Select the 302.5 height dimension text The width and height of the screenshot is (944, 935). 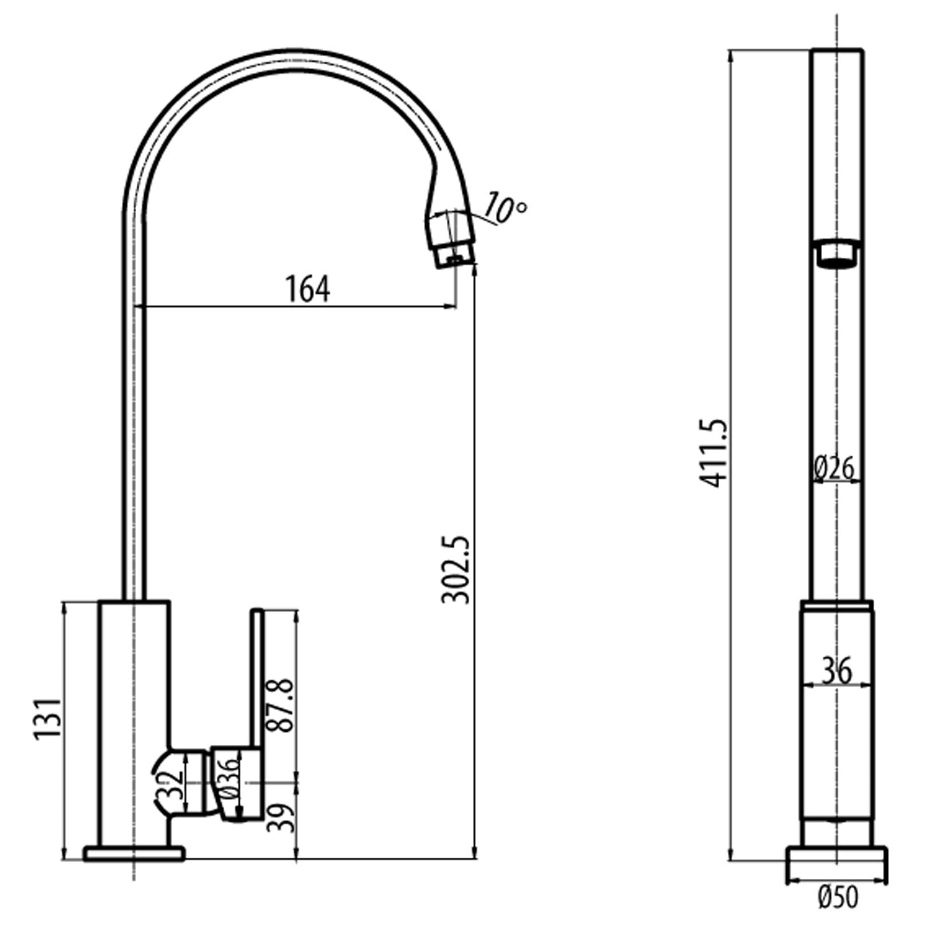point(456,570)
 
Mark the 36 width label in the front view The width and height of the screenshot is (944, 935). point(836,671)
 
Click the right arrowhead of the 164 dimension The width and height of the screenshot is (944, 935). point(451,307)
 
